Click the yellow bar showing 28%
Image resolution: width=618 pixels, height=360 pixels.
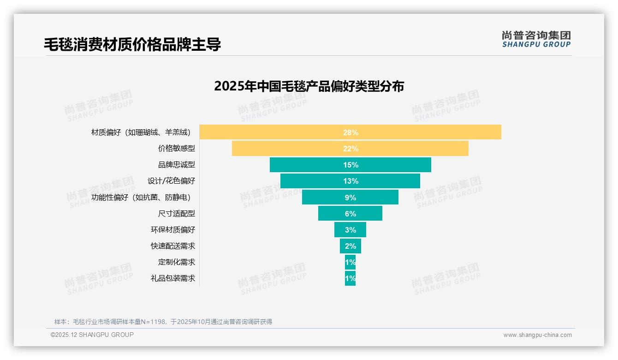click(350, 132)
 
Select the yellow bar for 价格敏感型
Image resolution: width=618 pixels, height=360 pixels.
click(350, 149)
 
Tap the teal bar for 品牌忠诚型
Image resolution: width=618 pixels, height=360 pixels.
click(350, 165)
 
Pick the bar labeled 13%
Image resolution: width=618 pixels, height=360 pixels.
click(350, 181)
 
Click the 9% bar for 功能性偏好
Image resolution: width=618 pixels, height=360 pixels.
click(350, 197)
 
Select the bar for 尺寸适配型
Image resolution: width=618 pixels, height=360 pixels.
click(350, 213)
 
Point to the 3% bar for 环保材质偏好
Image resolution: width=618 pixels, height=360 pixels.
click(350, 229)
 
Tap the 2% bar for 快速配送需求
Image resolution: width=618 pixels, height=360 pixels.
click(350, 246)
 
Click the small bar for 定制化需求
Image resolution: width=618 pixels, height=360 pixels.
click(350, 262)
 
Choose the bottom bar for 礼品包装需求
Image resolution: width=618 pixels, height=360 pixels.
click(350, 278)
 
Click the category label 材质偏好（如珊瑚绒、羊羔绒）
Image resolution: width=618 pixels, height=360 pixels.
click(141, 132)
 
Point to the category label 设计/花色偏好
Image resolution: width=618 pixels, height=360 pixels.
click(171, 181)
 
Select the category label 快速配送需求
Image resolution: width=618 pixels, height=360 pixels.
click(173, 246)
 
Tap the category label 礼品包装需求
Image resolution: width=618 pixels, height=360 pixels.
click(173, 278)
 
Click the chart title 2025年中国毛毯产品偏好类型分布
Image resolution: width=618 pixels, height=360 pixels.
click(309, 86)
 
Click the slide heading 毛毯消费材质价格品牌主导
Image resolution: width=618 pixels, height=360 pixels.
click(132, 44)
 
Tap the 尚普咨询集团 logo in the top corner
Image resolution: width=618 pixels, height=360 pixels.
click(536, 39)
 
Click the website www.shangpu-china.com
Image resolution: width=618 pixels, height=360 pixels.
click(537, 335)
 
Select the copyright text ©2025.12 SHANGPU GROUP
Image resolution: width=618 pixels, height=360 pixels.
click(92, 335)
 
